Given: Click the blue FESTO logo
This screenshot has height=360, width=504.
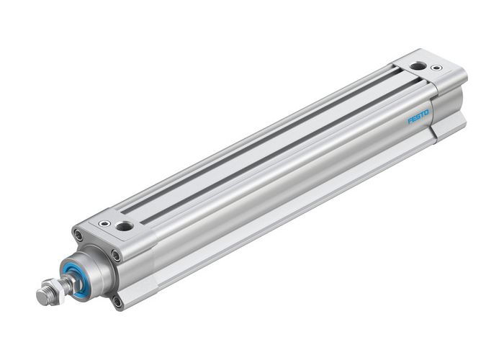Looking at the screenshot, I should coord(418,117).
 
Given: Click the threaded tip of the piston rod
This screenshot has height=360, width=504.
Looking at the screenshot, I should coord(42,296).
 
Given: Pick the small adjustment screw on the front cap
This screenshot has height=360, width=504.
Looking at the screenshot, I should coord(106,224).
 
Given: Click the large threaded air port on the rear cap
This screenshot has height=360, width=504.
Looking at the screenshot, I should coord(418,66).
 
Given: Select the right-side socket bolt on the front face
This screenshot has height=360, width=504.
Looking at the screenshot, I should coord(116,255).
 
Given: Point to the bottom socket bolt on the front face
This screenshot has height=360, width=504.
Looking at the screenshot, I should coord(117,302).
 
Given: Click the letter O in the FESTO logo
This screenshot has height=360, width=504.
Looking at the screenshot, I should coord(427,112).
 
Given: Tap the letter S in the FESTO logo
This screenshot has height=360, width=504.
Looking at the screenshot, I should coord(418,117).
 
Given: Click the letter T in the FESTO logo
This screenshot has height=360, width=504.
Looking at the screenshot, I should coord(423,114).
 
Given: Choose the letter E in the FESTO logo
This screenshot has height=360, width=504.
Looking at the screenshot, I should coord(414,119).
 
